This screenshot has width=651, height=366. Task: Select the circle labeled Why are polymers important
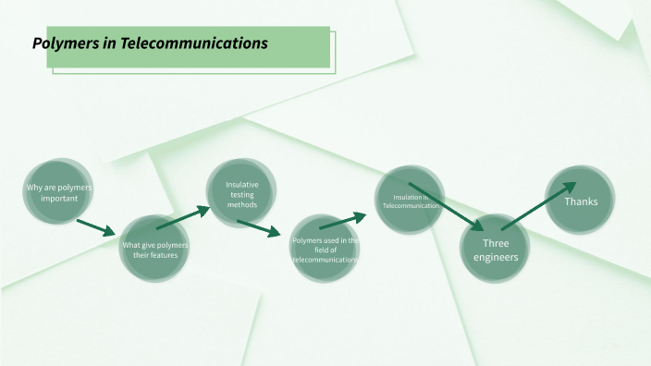coord(59,192)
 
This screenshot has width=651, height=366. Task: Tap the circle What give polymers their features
coord(155,248)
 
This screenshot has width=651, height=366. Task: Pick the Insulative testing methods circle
coord(241,193)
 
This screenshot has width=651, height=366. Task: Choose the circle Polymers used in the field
coord(325,249)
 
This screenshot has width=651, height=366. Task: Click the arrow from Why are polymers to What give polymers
coord(96,228)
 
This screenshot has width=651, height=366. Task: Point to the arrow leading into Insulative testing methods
coord(183,217)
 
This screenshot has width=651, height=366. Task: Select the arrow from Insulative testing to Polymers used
coord(258,229)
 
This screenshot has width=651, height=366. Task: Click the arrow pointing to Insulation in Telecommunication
coord(342,220)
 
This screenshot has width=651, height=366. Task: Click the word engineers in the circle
coord(496,257)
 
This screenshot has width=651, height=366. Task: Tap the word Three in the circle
coord(496,243)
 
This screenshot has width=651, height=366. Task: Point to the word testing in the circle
coord(242,194)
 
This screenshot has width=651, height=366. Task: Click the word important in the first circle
coord(59,198)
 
